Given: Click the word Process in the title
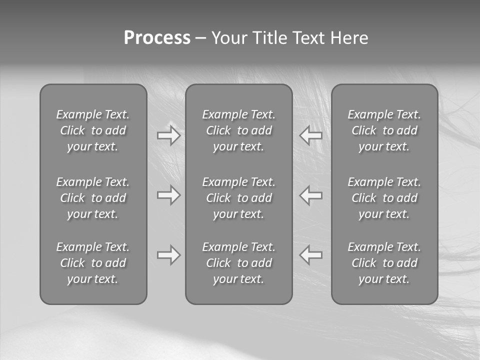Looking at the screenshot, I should tap(157, 37).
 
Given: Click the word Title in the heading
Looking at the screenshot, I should tap(269, 37).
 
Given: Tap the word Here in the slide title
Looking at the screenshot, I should tap(349, 37).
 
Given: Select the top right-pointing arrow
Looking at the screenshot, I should tap(168, 135).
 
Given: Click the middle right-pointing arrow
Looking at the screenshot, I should tap(168, 195).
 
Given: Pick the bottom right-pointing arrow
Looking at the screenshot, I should tap(168, 255).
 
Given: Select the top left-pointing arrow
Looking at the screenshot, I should tap(311, 135).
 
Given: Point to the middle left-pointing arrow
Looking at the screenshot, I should tap(311, 195).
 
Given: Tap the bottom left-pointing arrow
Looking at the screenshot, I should tap(311, 255).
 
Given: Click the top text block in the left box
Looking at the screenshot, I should tap(93, 130).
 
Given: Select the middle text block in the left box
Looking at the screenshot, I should tap(93, 198).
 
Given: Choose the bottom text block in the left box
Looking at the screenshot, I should tap(93, 263).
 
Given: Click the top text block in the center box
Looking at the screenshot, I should tap(238, 130).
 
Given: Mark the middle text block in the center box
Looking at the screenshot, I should tap(238, 198).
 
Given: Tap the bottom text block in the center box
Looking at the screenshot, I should tap(238, 263).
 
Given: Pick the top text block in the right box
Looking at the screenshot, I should tap(384, 130).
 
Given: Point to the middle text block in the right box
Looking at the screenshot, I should tap(384, 198).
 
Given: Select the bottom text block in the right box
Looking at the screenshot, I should tap(384, 263).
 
